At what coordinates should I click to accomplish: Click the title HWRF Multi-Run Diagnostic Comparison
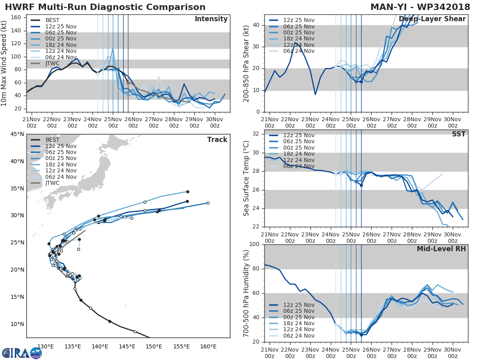click(x=105, y=7)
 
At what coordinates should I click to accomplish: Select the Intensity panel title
click(x=211, y=19)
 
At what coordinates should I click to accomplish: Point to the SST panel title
click(x=459, y=134)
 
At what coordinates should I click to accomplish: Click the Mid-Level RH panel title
click(x=441, y=249)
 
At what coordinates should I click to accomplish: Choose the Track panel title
click(x=217, y=140)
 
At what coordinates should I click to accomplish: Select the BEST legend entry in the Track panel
click(x=52, y=140)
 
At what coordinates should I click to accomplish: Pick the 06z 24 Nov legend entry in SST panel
click(x=298, y=166)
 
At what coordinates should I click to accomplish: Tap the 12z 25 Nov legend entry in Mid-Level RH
click(x=298, y=305)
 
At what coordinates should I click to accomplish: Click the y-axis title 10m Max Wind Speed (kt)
click(x=5, y=63)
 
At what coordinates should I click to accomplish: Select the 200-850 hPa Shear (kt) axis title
click(x=246, y=63)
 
